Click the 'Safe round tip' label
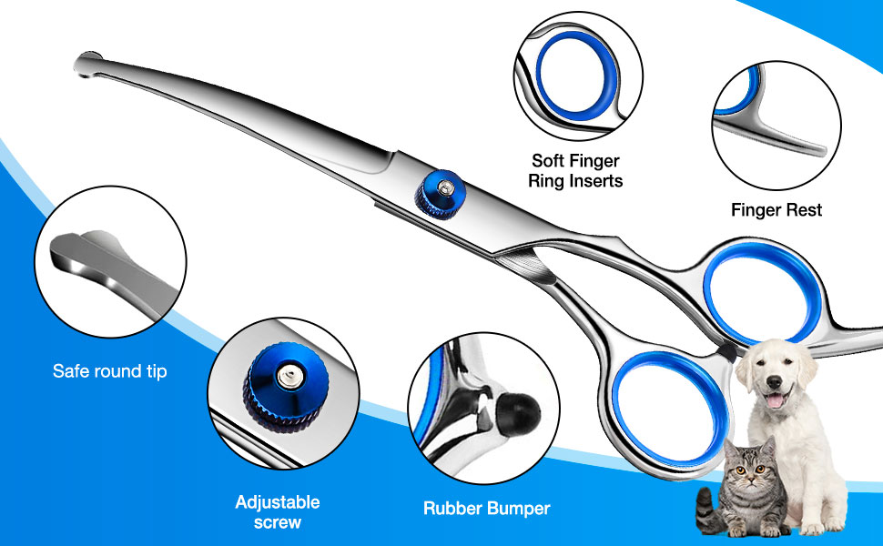pos(109,371)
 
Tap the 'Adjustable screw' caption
pos(278,512)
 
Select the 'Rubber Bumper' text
pos(486,509)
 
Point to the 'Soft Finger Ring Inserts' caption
pos(575,171)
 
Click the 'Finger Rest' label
pos(776,210)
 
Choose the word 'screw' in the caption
pos(278,523)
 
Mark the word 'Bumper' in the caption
pos(518,509)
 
